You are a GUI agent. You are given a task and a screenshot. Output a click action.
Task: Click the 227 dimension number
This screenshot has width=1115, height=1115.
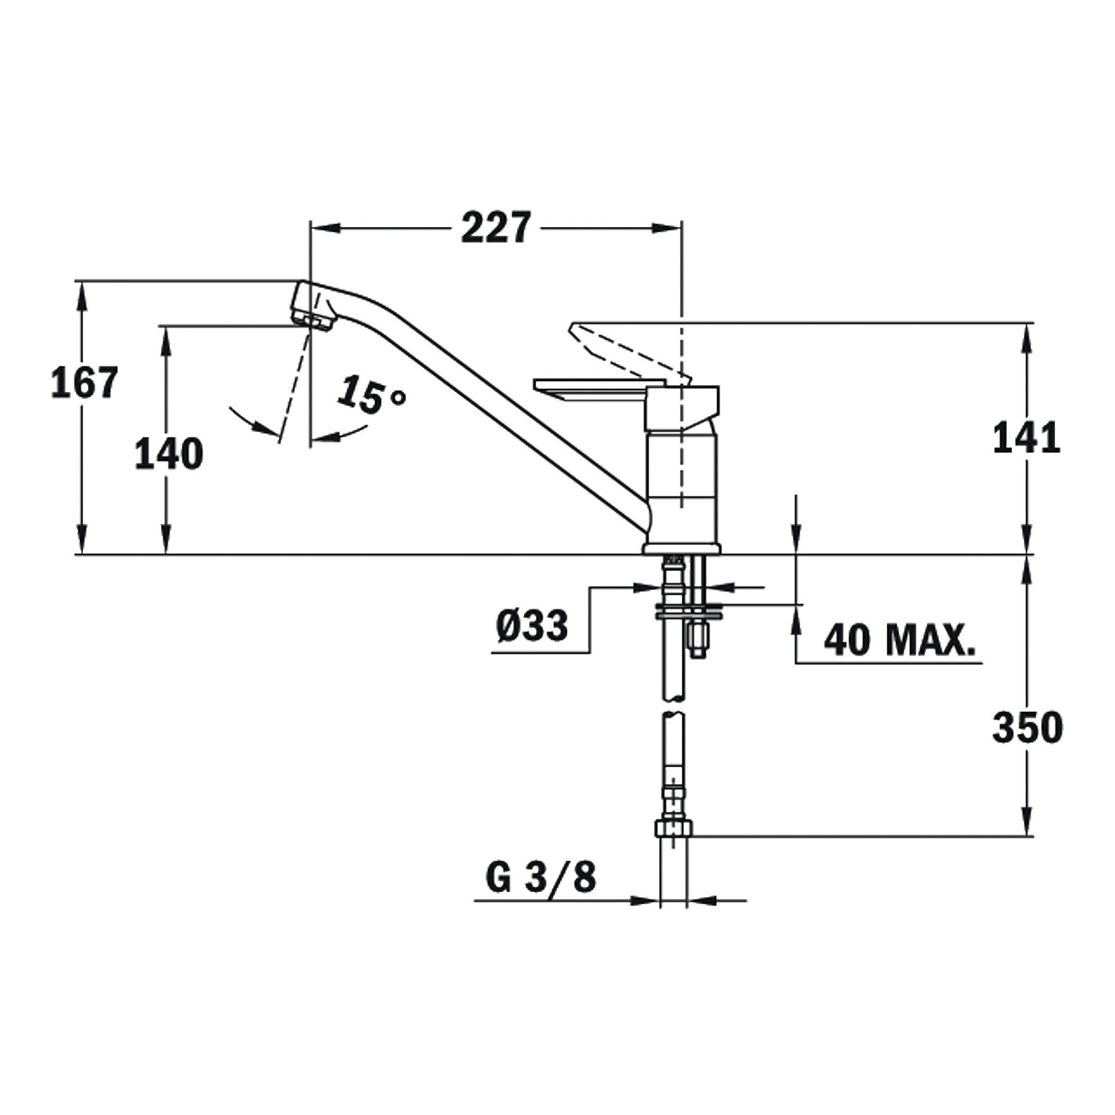(496, 228)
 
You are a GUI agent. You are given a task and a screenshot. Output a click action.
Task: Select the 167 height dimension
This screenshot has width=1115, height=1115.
(85, 383)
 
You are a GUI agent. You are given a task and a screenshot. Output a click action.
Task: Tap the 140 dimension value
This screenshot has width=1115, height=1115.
(169, 454)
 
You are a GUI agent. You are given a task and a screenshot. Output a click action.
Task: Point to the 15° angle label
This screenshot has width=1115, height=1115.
(370, 395)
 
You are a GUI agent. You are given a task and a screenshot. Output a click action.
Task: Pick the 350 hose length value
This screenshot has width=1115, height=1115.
(1027, 727)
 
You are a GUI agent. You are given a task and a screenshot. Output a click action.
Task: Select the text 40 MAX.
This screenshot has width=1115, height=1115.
(899, 640)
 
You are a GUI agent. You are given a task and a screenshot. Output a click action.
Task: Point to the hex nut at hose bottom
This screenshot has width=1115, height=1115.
(674, 828)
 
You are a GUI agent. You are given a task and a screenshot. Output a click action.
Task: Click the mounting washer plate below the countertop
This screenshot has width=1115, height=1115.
(689, 611)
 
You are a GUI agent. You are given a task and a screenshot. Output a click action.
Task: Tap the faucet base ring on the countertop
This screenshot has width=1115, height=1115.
(681, 549)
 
